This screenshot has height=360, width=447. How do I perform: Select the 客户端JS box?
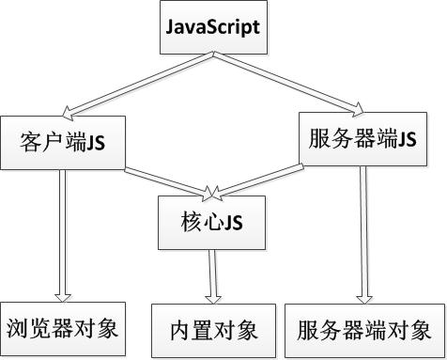point(61,142)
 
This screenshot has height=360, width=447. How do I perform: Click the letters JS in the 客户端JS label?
point(95,143)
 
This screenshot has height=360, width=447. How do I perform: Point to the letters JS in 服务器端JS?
point(407,139)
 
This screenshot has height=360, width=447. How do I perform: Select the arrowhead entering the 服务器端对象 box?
point(359,296)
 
